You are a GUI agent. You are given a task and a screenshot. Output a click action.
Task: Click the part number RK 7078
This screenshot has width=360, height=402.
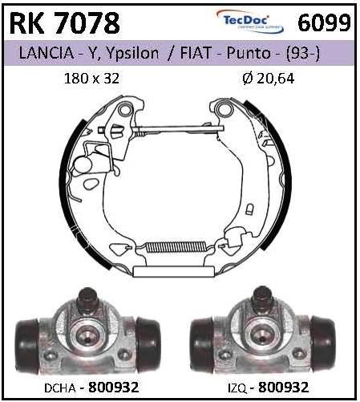(64, 22)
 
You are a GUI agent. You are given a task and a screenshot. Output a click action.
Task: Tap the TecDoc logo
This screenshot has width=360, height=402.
(250, 21)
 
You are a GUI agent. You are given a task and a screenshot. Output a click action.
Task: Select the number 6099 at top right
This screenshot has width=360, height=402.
(324, 22)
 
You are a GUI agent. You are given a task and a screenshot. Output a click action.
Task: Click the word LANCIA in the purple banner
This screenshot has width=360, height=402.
(46, 53)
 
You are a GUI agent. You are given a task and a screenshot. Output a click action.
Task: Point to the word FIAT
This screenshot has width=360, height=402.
(196, 53)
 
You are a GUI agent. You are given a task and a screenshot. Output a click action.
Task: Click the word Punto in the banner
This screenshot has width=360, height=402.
(249, 53)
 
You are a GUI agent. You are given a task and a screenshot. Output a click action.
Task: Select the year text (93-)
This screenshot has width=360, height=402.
(303, 53)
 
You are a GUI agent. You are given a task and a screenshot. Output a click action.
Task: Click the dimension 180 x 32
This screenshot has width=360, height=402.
(91, 79)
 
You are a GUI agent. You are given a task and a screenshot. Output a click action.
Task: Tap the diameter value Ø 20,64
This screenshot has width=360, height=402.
(269, 79)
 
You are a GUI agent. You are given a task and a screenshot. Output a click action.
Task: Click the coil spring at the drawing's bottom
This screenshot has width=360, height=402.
(176, 247)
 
